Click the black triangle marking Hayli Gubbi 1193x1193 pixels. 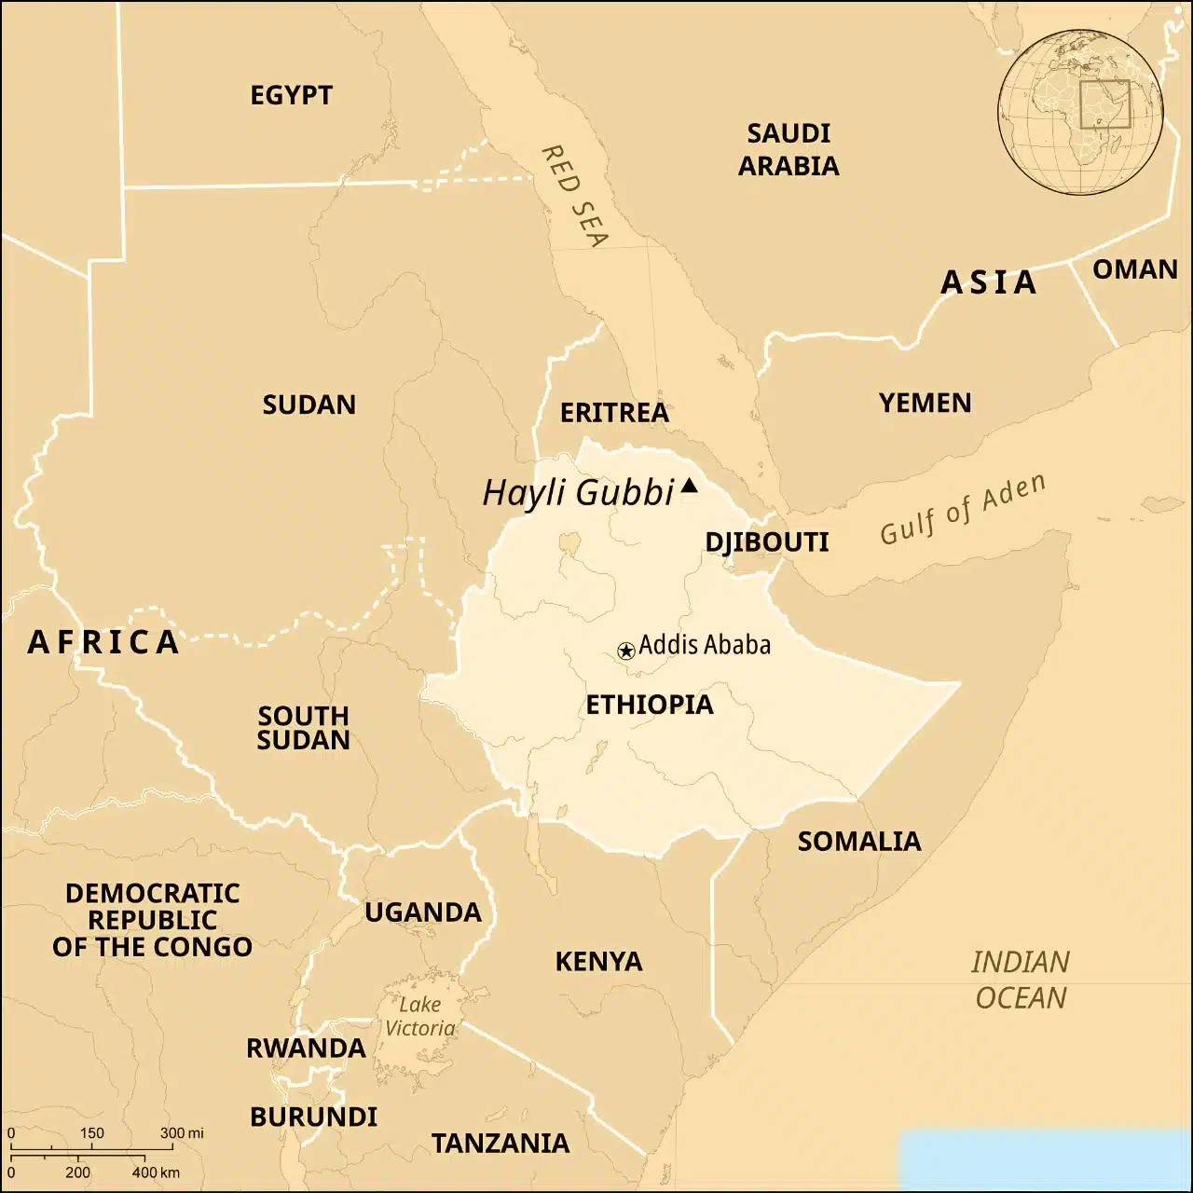[689, 486]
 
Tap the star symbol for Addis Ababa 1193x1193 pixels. [626, 651]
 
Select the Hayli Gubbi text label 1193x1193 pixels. [578, 492]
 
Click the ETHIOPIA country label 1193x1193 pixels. [650, 705]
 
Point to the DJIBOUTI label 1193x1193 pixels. [766, 542]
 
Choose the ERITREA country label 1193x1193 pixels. [614, 413]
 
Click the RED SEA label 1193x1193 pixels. [574, 196]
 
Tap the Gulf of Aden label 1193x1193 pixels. [963, 509]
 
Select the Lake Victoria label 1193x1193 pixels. [420, 1016]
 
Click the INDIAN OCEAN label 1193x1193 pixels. [1021, 980]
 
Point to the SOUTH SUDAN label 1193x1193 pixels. [304, 728]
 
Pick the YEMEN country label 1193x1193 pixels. [925, 403]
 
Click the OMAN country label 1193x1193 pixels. [1134, 269]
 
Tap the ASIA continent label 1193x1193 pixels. [989, 282]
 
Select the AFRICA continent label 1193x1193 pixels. [103, 642]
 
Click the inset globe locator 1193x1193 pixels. [1080, 112]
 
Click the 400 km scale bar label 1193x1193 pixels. [155, 1172]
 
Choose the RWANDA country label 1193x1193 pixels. [306, 1049]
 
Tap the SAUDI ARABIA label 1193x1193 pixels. [788, 149]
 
